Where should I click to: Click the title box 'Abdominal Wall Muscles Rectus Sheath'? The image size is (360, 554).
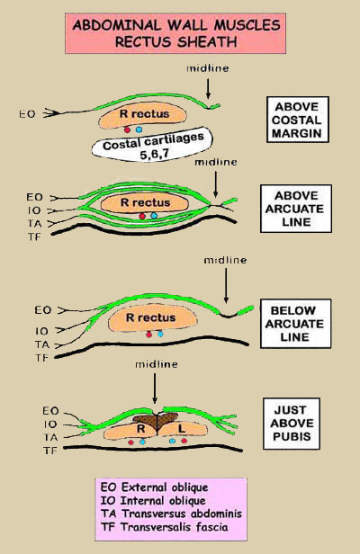point(175,33)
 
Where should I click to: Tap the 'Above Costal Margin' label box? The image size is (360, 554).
point(297,120)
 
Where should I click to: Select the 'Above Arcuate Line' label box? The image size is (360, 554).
point(296,209)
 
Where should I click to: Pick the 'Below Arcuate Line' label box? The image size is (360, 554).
point(295,324)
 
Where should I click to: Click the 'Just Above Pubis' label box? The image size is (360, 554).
point(292,424)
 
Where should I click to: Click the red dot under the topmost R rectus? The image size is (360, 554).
point(127,130)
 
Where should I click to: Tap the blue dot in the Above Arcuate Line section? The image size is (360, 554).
point(154,215)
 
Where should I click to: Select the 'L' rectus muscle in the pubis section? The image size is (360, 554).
point(183,429)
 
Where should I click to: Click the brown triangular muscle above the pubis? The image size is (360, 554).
point(156,420)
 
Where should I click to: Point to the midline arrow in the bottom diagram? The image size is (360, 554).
point(155,389)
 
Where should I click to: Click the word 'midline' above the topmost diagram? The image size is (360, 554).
point(208,68)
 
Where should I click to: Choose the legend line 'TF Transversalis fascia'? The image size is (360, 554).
point(164,527)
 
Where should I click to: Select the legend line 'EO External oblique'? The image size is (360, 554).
point(154,487)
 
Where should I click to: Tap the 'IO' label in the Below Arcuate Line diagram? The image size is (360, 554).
point(41,331)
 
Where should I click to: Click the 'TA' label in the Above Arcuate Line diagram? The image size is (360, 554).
point(35,223)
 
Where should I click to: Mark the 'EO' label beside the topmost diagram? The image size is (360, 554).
point(27,113)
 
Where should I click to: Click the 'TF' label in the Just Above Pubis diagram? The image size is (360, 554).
point(50,451)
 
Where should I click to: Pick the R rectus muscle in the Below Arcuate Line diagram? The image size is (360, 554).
point(152,318)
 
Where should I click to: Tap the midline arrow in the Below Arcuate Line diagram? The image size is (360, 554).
point(226,285)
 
